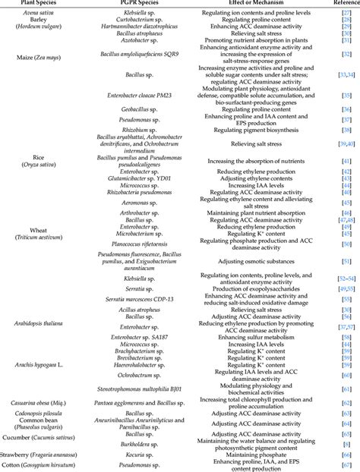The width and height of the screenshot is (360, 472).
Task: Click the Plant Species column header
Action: click(x=44, y=4)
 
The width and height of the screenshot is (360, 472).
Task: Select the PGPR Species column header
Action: click(x=138, y=4)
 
